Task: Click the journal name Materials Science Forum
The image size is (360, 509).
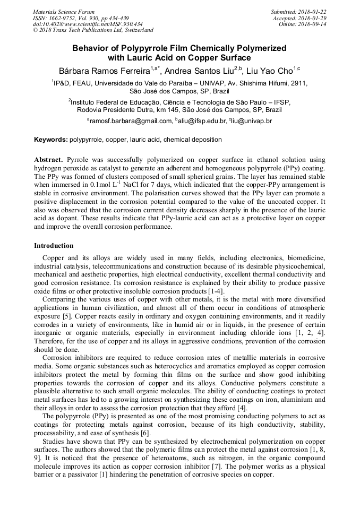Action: point(64,12)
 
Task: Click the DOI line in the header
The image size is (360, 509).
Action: point(88,24)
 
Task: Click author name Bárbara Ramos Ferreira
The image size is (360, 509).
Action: point(104,71)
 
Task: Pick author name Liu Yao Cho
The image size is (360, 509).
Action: point(270,71)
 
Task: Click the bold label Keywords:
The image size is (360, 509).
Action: point(50,140)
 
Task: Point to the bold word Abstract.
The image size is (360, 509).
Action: point(49,160)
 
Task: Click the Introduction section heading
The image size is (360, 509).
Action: point(54,246)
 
